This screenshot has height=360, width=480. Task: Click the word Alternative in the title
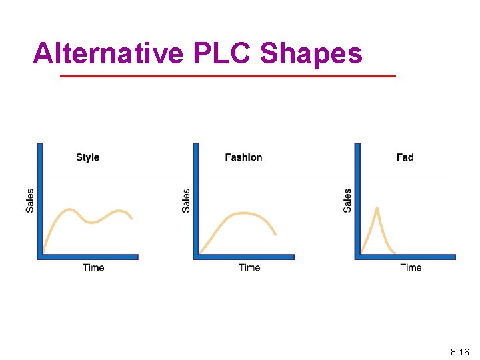(x=107, y=53)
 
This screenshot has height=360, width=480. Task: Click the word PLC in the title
(x=221, y=53)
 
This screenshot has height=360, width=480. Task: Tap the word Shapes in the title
(x=311, y=54)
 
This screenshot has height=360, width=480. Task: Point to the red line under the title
(x=227, y=76)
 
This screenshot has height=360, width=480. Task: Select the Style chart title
(x=87, y=157)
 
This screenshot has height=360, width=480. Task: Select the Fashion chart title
(x=243, y=157)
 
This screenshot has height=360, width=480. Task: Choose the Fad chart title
(x=405, y=157)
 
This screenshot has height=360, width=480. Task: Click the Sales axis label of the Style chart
(x=30, y=201)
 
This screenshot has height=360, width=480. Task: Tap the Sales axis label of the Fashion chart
(x=186, y=201)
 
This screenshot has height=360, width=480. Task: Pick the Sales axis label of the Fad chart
(x=347, y=201)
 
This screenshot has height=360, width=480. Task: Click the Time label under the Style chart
(x=93, y=267)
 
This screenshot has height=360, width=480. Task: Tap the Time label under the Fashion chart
(x=249, y=267)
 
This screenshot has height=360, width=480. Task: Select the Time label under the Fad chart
(x=411, y=267)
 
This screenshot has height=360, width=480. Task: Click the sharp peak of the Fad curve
(x=377, y=209)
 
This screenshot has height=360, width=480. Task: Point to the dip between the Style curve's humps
(x=93, y=222)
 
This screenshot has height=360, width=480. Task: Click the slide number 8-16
(x=460, y=351)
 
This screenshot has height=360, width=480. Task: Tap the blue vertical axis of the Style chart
(x=40, y=200)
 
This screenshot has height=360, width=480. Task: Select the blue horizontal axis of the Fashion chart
(x=244, y=257)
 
